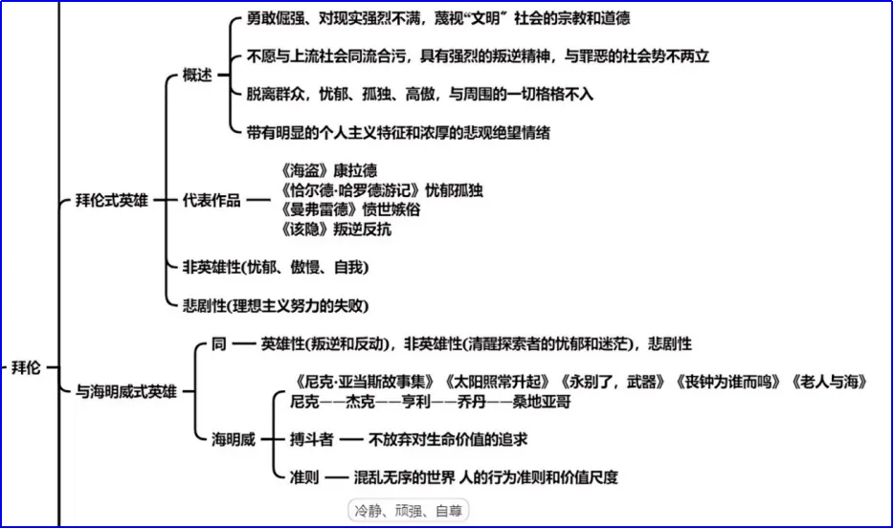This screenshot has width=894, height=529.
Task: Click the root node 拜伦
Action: pyautogui.click(x=25, y=367)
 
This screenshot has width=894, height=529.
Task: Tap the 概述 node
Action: pyautogui.click(x=197, y=76)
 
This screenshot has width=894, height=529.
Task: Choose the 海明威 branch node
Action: pyautogui.click(x=234, y=439)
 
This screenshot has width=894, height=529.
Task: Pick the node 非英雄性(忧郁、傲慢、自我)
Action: pyautogui.click(x=275, y=267)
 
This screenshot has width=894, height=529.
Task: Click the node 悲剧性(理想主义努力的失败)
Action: pyautogui.click(x=275, y=305)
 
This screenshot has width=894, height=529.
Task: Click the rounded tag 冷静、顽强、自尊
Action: pyautogui.click(x=408, y=511)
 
